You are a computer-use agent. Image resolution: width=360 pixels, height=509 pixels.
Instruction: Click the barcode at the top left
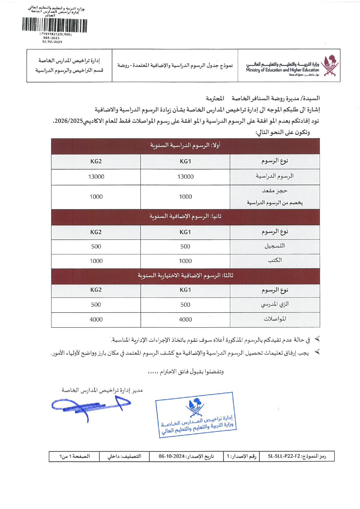[x=55, y=25]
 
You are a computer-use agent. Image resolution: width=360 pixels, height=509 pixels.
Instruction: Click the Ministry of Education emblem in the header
[x=330, y=66]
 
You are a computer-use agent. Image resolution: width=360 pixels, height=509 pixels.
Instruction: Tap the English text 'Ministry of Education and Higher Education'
[x=282, y=70]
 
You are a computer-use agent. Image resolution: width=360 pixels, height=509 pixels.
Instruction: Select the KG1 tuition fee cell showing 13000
[x=185, y=177]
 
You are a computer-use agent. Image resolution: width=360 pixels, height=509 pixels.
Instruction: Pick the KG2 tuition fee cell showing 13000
[x=96, y=177]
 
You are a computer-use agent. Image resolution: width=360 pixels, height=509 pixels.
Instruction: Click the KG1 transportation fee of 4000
[x=185, y=319]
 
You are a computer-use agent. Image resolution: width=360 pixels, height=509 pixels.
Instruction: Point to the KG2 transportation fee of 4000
[x=96, y=319]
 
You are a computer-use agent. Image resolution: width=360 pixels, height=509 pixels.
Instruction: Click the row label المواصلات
[x=275, y=319]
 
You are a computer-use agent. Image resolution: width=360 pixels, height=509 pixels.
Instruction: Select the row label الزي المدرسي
[x=275, y=304]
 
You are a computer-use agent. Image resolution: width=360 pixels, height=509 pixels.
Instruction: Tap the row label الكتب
[x=275, y=260]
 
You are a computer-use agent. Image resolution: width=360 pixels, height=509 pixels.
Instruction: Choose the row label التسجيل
[x=275, y=246]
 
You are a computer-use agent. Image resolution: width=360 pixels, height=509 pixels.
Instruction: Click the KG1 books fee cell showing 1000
[x=185, y=261]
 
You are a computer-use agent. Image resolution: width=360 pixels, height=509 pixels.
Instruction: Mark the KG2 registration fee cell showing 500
[x=96, y=247]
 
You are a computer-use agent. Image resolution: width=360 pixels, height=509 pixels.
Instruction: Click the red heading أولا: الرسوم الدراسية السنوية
[x=185, y=145]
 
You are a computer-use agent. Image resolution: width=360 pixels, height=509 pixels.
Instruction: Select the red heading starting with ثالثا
[x=185, y=275]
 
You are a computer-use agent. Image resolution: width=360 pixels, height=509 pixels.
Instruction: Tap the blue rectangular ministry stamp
[x=196, y=415]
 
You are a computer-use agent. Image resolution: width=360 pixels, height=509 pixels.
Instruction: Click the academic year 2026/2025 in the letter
[x=69, y=121]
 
